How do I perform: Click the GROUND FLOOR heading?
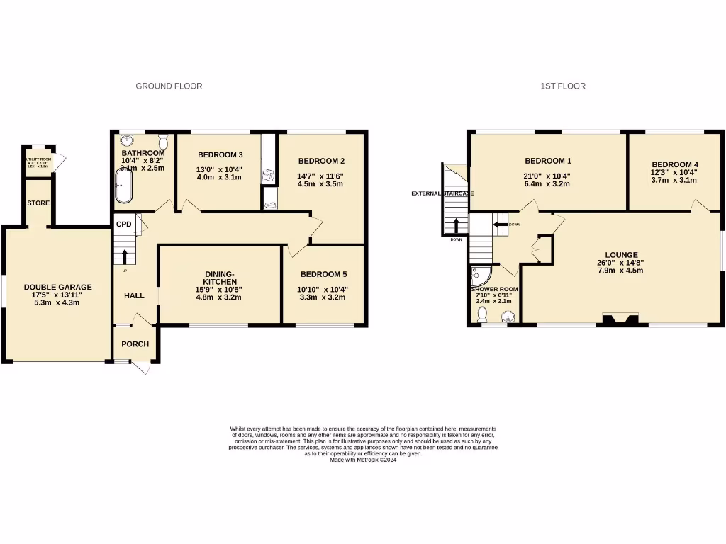(x=169, y=86)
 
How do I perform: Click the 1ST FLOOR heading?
(x=563, y=86)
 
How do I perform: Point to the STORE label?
(x=38, y=203)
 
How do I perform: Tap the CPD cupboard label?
(x=124, y=225)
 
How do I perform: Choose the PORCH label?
(x=135, y=344)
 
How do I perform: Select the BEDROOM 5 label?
(x=323, y=274)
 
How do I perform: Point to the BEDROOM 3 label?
(x=220, y=155)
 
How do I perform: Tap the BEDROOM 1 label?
(x=547, y=161)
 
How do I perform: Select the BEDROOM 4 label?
(x=674, y=162)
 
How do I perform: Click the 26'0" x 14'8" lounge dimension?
(x=621, y=261)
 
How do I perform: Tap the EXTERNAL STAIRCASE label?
(x=443, y=193)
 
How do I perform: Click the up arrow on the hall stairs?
(x=125, y=256)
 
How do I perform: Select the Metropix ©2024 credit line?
(x=362, y=460)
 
